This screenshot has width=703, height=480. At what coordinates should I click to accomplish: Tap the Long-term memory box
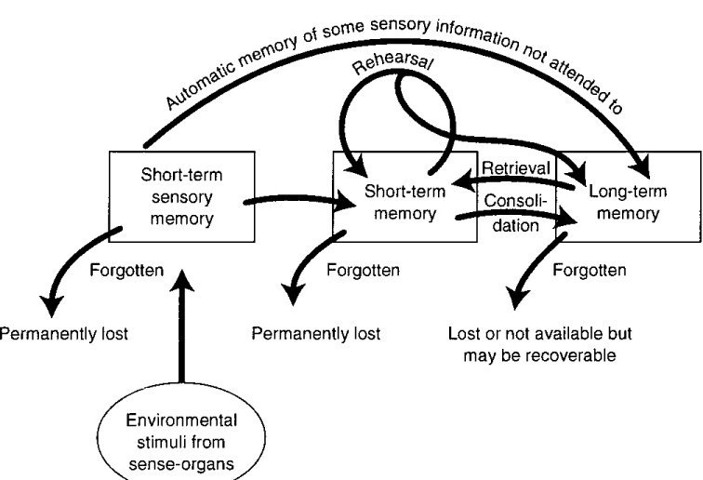pyautogui.click(x=625, y=201)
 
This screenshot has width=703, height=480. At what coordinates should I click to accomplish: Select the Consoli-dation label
pyautogui.click(x=514, y=211)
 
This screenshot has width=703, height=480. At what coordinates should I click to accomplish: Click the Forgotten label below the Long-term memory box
pyautogui.click(x=589, y=272)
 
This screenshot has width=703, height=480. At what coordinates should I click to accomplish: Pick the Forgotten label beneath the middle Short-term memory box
pyautogui.click(x=365, y=272)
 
